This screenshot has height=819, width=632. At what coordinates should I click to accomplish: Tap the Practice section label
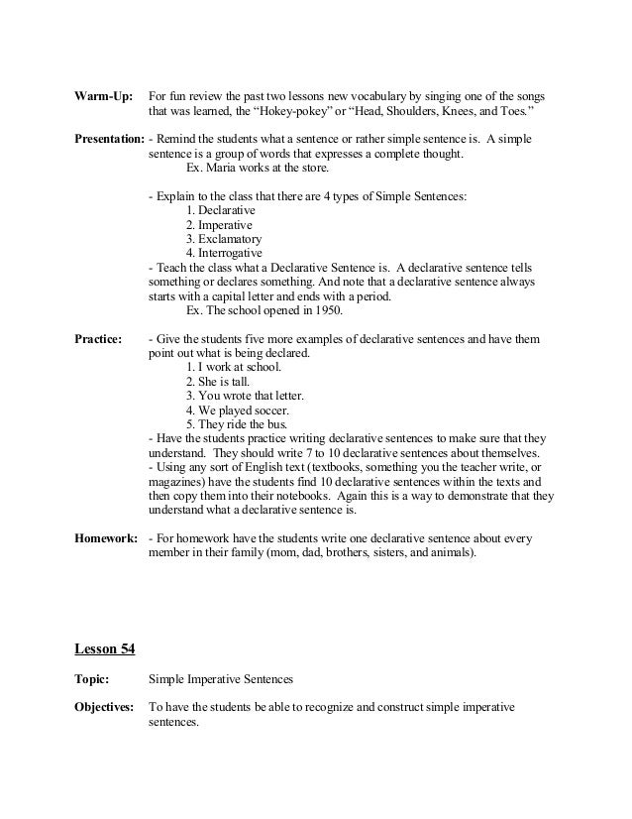99,339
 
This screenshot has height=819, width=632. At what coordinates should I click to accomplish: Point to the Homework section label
106,539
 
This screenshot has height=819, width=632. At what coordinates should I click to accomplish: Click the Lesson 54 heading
106,648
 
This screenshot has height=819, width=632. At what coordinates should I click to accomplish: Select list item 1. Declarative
221,211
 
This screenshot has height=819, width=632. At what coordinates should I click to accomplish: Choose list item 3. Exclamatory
223,239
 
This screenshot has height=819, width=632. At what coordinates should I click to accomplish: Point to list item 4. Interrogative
224,253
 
